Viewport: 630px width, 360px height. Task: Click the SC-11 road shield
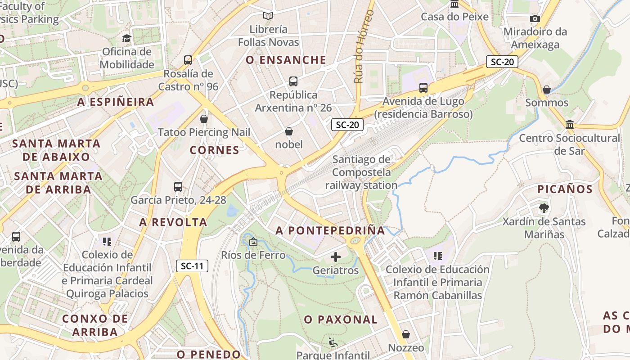point(192,266)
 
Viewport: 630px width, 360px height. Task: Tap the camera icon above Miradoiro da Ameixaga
point(535,18)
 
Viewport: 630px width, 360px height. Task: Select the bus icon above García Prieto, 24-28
point(178,186)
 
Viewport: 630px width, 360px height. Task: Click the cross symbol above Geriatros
point(336,257)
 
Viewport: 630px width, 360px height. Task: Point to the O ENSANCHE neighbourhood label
point(286,60)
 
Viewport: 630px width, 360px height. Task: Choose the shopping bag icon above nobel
point(289,131)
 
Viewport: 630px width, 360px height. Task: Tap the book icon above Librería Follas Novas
point(268,16)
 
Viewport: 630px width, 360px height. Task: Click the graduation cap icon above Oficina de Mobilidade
point(126,39)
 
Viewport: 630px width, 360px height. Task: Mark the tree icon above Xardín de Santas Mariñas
point(544,208)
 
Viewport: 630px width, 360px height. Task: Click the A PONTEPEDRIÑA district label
point(331,231)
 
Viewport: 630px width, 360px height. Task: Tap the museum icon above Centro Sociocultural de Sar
point(570,124)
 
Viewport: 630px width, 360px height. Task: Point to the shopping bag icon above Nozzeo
point(406,334)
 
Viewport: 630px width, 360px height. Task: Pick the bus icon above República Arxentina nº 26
point(293,81)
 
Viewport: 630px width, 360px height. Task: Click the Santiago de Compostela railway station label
point(361,172)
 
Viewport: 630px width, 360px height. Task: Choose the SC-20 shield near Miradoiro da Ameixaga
point(502,62)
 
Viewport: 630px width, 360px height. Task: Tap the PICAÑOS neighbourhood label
point(565,189)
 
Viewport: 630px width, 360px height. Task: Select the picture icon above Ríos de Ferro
point(253,242)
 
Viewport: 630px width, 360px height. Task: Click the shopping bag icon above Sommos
point(547,90)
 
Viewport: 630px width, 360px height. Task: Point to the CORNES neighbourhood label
point(214,150)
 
